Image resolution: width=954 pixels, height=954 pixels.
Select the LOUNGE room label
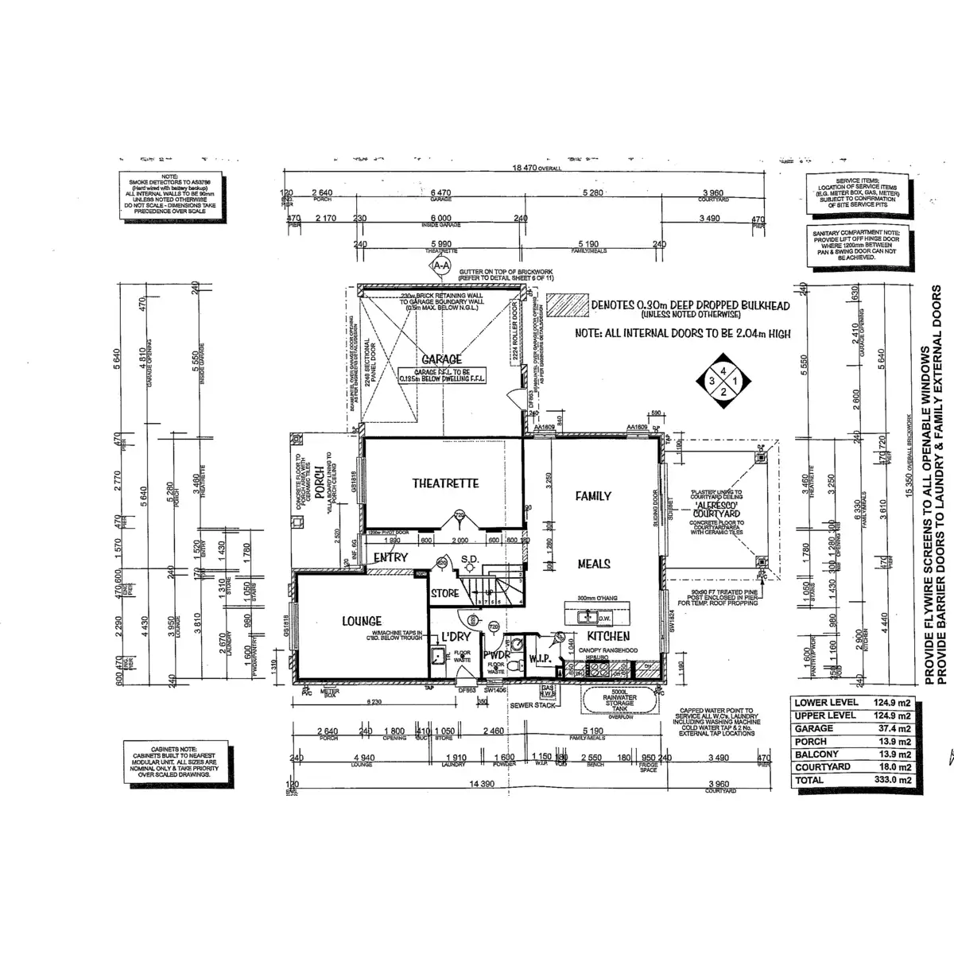[362, 621]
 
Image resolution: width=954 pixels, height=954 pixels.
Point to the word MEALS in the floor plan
[594, 564]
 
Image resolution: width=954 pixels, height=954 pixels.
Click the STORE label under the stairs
[445, 592]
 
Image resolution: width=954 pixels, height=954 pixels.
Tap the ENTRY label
[390, 558]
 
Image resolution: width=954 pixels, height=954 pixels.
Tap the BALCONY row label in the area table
[816, 754]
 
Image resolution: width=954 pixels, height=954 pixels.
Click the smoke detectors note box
[169, 195]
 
